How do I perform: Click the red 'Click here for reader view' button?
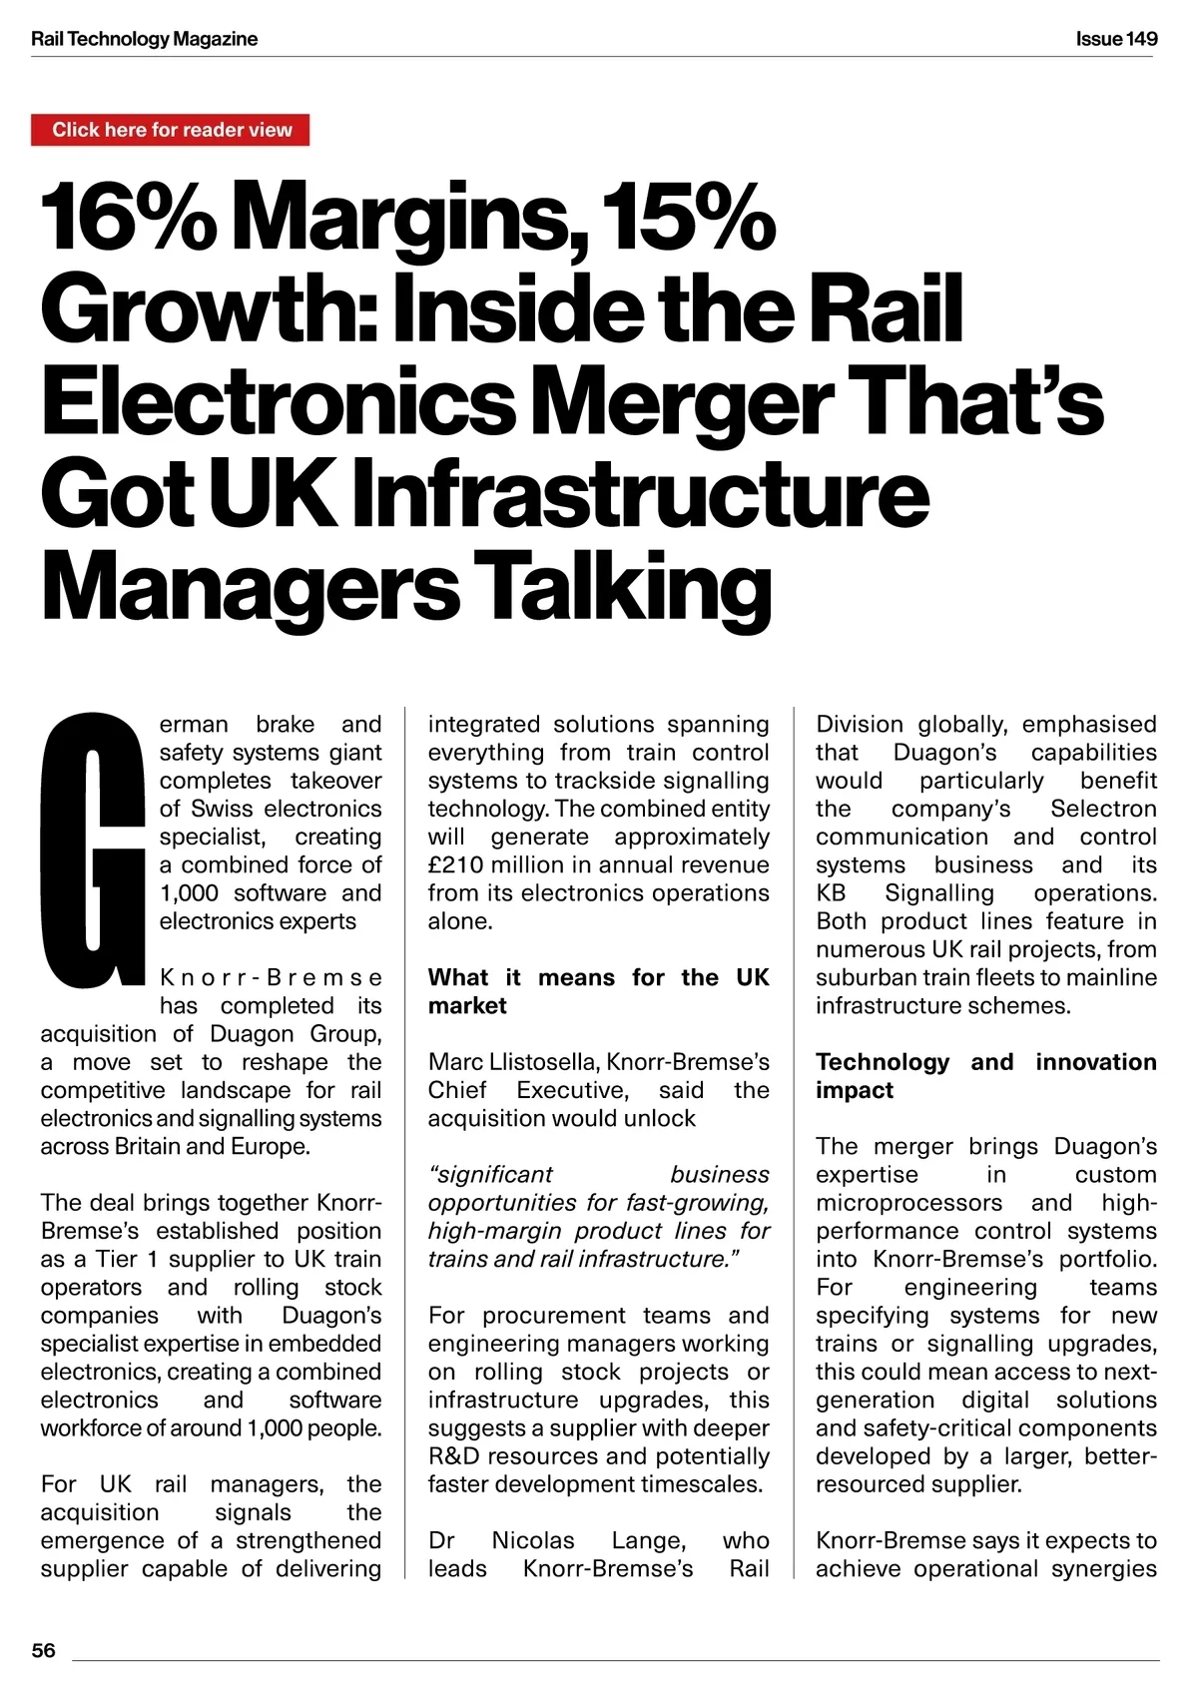tap(171, 130)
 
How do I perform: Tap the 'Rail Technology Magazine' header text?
tap(145, 39)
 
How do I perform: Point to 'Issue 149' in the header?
tap(1116, 39)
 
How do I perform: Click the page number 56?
tap(44, 1650)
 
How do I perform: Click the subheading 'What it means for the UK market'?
tap(598, 991)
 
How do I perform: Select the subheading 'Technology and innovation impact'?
tap(985, 1075)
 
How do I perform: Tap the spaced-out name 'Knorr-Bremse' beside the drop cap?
tap(271, 977)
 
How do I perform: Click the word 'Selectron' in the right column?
tap(1103, 809)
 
